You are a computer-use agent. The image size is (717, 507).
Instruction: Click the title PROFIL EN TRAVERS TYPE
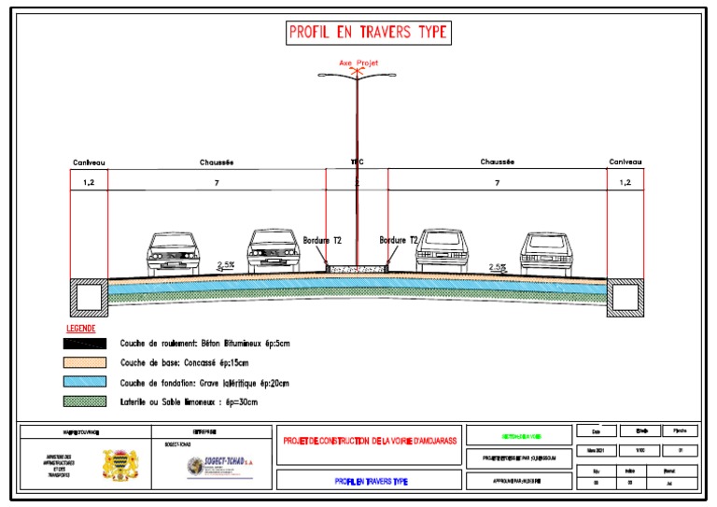point(369,32)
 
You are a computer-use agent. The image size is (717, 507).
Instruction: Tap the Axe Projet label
point(358,63)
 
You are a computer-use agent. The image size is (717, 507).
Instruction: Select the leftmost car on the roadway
point(175,251)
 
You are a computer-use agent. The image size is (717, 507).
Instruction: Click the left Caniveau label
point(89,162)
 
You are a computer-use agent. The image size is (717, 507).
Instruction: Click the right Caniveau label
point(626,162)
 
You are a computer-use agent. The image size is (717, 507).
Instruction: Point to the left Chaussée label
point(217,162)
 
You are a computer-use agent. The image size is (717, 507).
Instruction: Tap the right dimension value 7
point(497,183)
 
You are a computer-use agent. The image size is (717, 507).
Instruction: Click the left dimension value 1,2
point(89,183)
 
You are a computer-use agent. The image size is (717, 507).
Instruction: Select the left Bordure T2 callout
point(322,240)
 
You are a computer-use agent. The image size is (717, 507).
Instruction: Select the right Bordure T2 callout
point(399,240)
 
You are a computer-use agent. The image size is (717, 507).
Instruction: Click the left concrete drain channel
point(91,296)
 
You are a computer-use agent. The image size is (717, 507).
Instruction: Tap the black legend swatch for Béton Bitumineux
point(86,344)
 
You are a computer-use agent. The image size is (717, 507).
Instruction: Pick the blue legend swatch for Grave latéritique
point(86,382)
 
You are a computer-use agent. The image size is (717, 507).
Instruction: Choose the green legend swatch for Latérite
point(86,401)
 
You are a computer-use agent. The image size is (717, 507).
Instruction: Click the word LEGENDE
point(80,329)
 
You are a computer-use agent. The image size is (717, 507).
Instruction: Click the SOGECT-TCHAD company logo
point(217,464)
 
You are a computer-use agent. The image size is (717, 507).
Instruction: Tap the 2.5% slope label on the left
point(225,265)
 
